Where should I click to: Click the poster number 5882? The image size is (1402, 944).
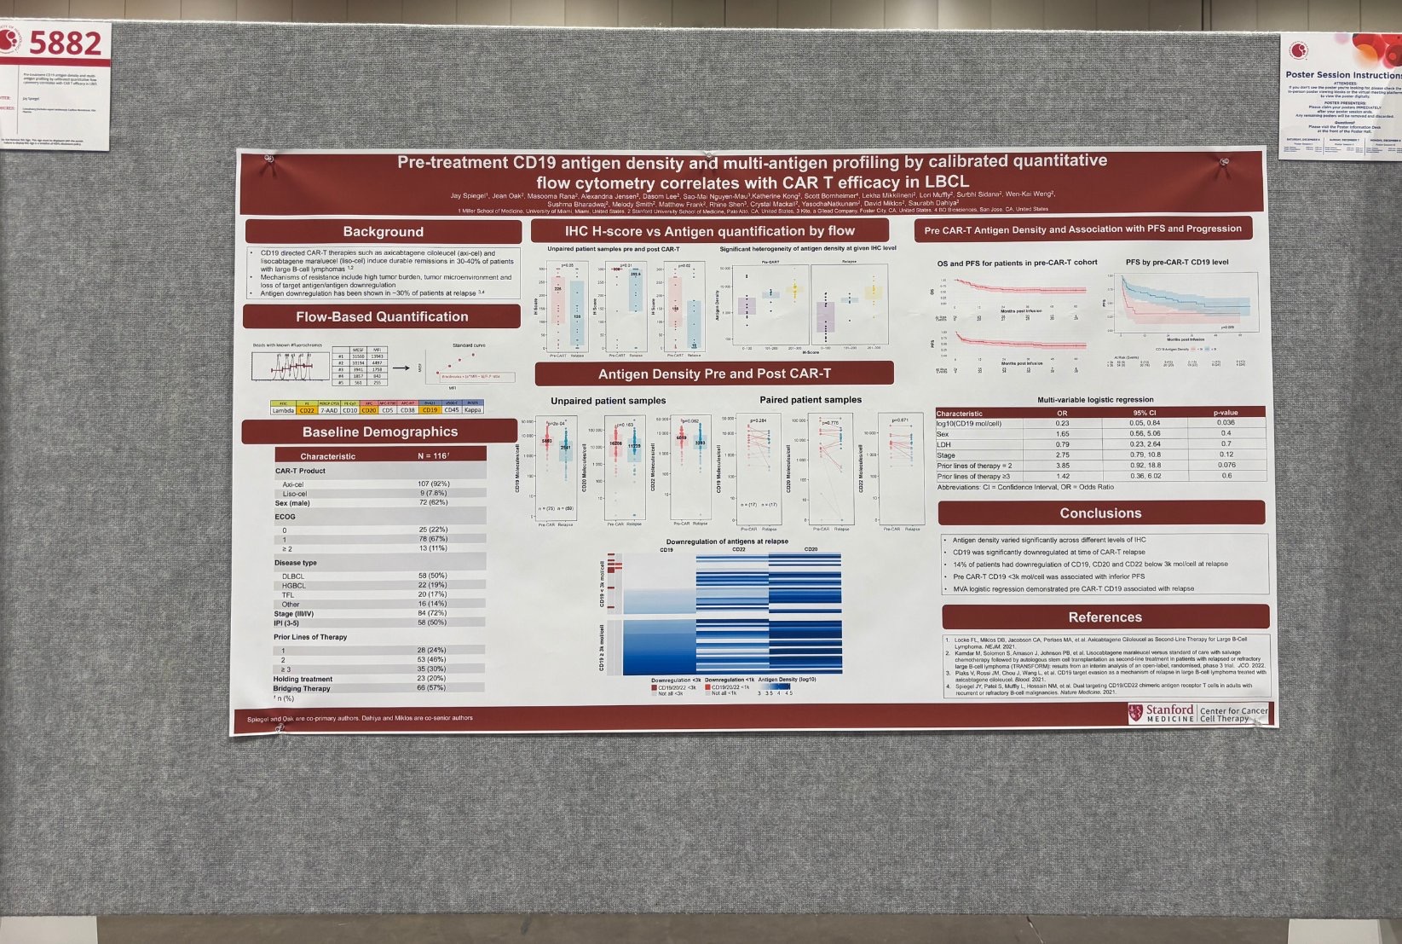[65, 43]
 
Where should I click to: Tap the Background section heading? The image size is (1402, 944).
[383, 232]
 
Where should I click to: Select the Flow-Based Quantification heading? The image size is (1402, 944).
[382, 316]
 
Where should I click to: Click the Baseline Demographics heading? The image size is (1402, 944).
[380, 431]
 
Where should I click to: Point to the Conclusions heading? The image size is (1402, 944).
[1100, 513]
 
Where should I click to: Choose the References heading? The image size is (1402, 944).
[1105, 617]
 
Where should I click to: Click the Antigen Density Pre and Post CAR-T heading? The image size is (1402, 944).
[714, 374]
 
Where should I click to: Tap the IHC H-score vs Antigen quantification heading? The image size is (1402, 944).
[709, 231]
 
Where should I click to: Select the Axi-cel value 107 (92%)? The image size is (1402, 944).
[433, 484]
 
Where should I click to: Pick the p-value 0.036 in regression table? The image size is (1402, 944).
[1226, 423]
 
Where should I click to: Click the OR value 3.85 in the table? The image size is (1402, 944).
[1063, 466]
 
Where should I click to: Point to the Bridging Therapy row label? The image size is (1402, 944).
[302, 688]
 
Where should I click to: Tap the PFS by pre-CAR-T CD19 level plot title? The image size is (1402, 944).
[1177, 263]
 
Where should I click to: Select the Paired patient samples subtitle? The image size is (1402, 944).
[811, 400]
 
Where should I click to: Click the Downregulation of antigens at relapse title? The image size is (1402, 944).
[727, 541]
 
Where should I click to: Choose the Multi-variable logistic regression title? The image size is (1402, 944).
[1095, 400]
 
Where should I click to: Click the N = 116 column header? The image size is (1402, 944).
[433, 456]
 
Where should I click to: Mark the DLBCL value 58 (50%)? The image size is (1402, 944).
[432, 576]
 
